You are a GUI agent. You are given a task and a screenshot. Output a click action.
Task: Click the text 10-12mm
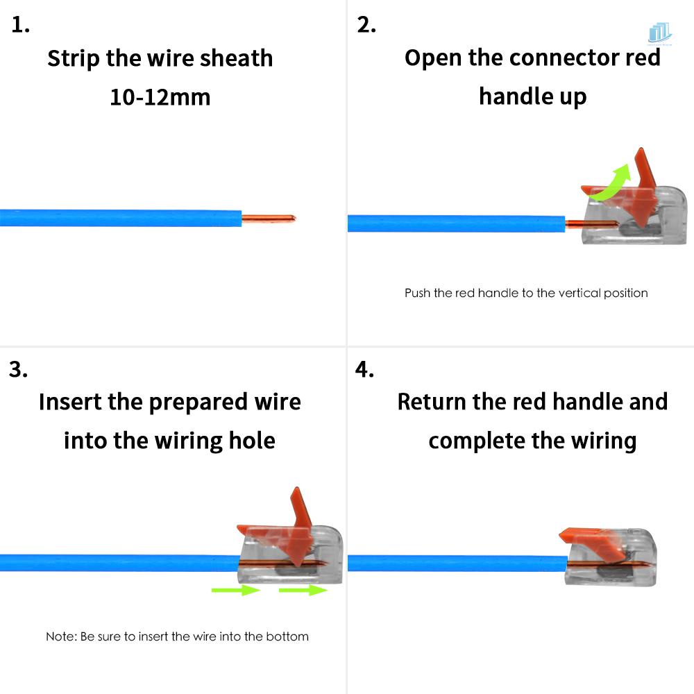[160, 96]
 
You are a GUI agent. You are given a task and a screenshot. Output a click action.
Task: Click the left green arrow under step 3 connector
[235, 590]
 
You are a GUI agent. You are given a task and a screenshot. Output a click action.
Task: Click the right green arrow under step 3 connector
[303, 590]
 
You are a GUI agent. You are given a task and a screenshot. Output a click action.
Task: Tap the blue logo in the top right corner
[659, 33]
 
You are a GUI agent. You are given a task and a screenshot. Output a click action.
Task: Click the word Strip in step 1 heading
[74, 58]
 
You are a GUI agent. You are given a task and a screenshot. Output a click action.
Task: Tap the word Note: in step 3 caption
[61, 636]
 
